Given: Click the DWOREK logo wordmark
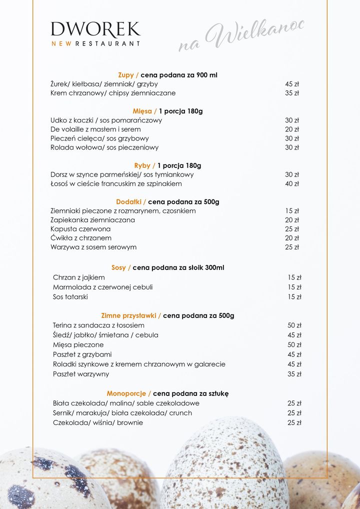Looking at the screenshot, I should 95,29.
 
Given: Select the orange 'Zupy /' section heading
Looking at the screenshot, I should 128,75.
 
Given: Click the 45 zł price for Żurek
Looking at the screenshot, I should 292,84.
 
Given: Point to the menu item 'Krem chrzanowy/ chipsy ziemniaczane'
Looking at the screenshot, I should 113,93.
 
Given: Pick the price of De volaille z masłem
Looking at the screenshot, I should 292,129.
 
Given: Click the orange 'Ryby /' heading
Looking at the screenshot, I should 144,165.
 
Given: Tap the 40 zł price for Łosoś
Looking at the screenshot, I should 292,183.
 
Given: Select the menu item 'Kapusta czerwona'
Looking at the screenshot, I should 80,229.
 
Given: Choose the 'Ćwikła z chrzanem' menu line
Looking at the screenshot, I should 81,238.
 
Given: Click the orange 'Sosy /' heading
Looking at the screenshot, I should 121,267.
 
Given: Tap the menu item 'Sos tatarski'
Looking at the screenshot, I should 70,297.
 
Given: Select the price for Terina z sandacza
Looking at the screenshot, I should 294,325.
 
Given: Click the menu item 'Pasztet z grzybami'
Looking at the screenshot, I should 82,354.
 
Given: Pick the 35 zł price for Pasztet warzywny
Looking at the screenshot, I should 294,374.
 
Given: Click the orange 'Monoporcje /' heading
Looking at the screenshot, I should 128,393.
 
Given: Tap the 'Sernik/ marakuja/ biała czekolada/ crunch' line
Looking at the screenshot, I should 122,413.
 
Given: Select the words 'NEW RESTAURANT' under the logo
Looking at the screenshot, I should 95,43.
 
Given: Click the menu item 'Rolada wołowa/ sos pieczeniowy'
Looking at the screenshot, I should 104,147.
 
